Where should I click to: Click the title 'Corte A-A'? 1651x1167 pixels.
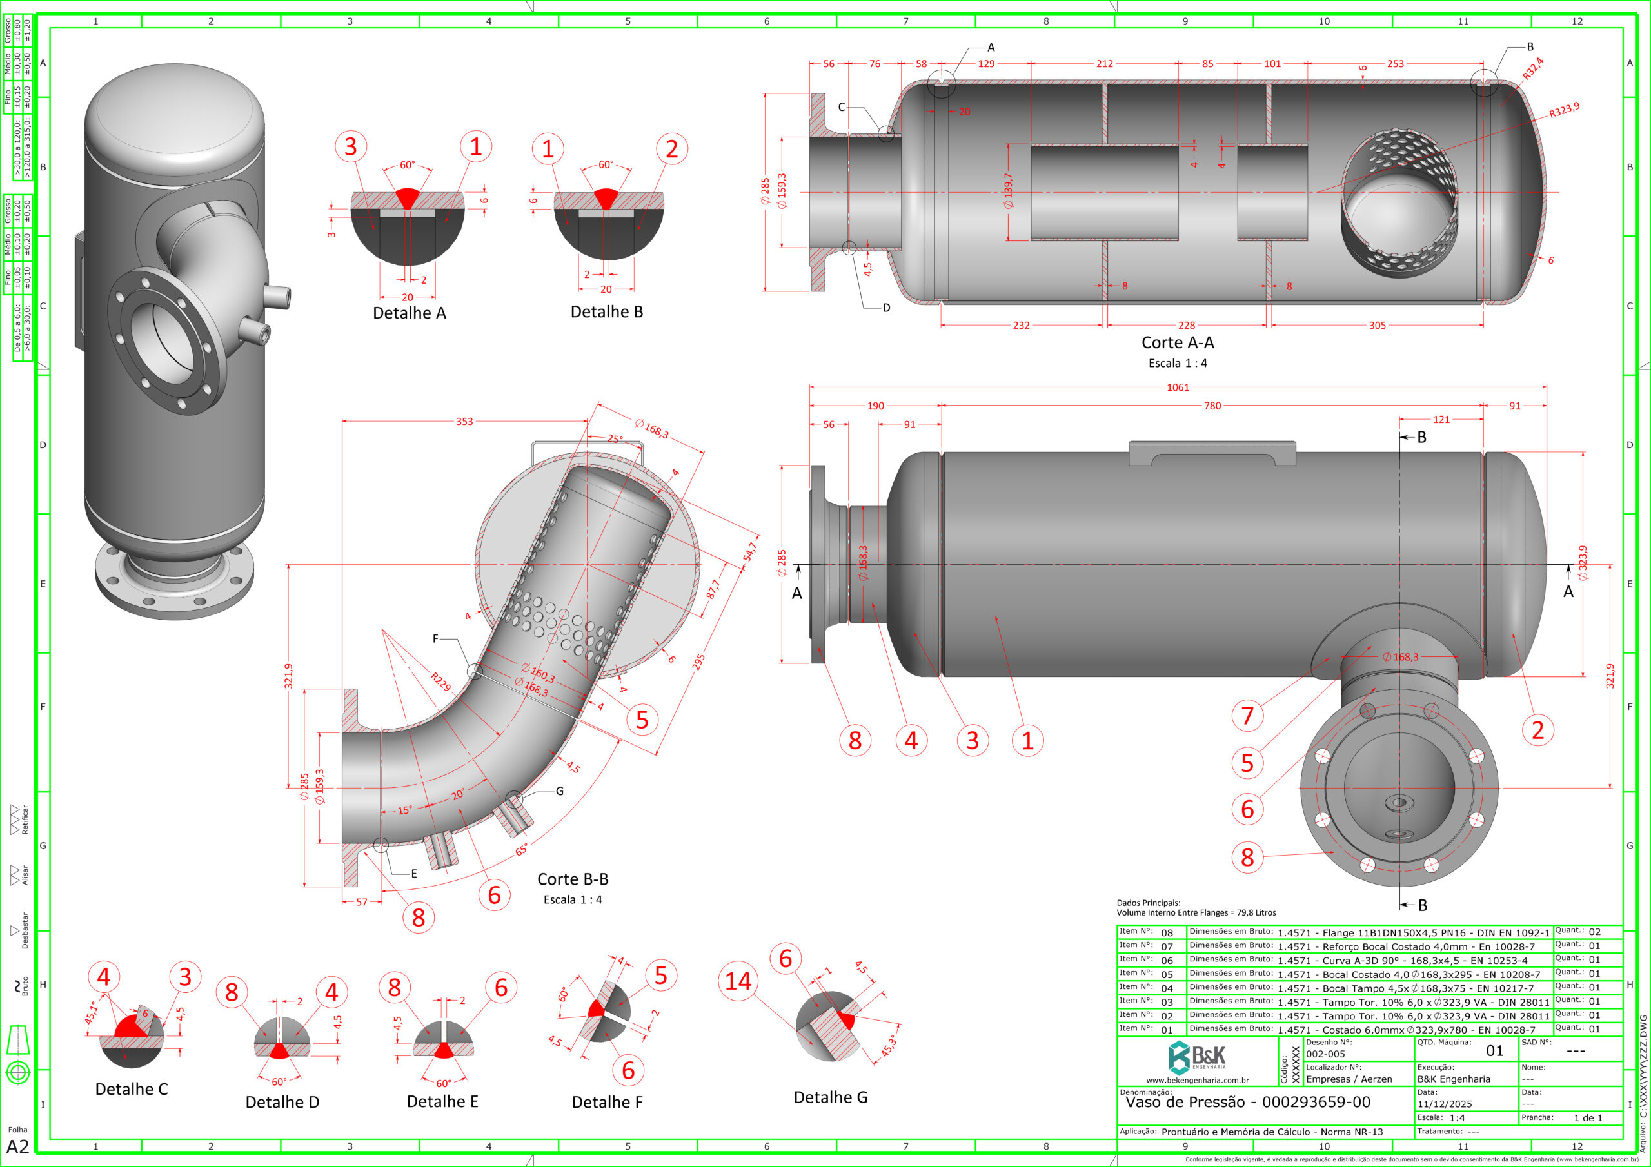coord(1177,343)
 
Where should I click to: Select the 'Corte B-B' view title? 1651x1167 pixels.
coord(573,879)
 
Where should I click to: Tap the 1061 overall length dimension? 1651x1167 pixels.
coord(1177,387)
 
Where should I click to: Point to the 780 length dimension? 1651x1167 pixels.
coord(1212,406)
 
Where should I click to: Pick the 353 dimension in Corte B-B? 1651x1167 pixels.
coord(464,422)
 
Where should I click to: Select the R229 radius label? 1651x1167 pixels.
coord(440,682)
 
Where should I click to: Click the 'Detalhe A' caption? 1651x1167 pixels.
coord(409,313)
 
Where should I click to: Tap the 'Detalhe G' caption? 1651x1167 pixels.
coord(831,1097)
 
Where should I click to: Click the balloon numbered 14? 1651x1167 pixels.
coord(738,981)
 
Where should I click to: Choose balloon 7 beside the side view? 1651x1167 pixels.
coord(1247,716)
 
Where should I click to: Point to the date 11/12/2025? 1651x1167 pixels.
coord(1445,1104)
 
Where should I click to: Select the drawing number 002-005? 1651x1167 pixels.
coord(1325,1054)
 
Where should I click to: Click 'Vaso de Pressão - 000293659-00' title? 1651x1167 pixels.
coord(1247,1102)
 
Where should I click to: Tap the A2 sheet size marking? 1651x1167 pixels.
coord(17,1146)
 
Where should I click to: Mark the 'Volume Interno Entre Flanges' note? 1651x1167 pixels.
coord(1196,912)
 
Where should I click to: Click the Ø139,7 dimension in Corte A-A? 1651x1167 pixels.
coord(1008,191)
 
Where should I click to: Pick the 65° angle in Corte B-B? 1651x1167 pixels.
coord(522,850)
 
